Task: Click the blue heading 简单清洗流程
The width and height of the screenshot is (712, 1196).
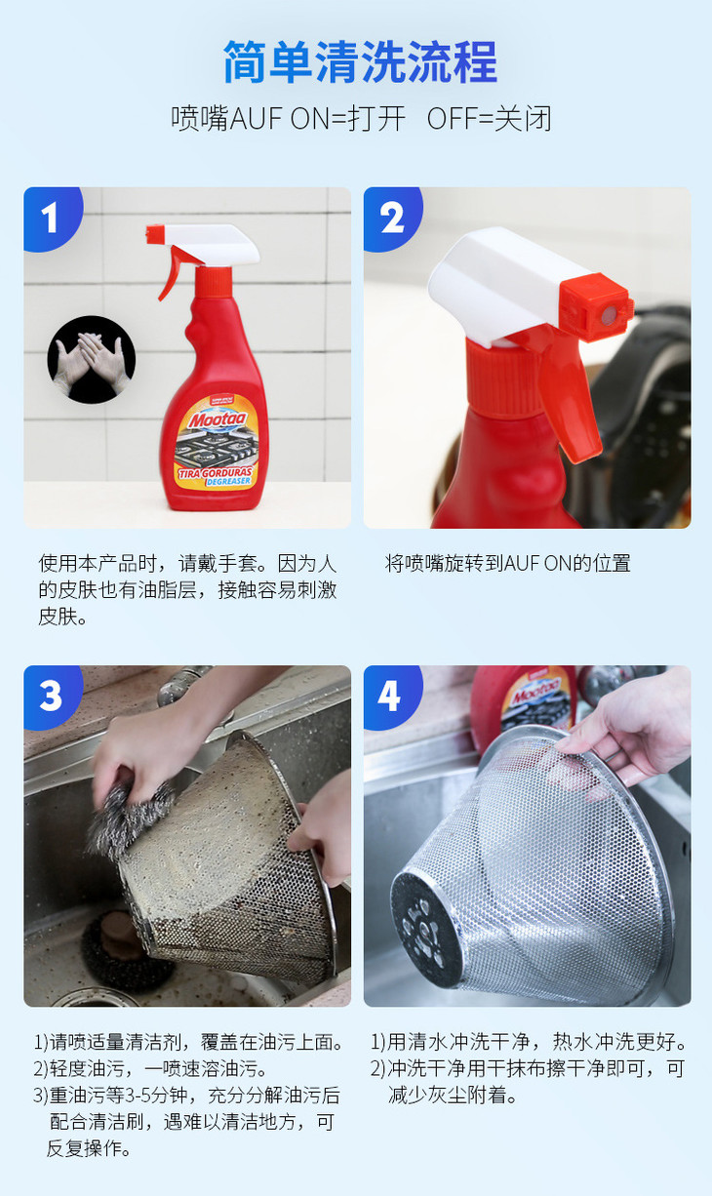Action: point(360,61)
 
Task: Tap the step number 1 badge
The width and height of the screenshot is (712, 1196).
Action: point(52,218)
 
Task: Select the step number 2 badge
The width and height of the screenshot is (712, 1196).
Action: point(392,218)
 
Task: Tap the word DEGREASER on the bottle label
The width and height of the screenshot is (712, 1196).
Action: point(228,481)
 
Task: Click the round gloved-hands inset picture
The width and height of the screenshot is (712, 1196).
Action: point(92,359)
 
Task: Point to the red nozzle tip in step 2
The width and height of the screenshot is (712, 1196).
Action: point(597,308)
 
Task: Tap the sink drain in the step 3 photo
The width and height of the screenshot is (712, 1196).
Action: point(115,946)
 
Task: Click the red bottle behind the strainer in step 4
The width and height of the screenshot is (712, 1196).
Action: point(523,699)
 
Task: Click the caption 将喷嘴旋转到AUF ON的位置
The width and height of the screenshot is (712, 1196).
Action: point(507,563)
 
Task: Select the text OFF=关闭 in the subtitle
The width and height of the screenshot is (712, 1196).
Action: point(489,119)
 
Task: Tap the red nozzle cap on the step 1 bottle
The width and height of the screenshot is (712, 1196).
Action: point(155,233)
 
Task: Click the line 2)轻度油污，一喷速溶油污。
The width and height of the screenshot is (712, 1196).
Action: point(151,1068)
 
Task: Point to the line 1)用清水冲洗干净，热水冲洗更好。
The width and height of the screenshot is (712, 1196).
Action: point(529,1041)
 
